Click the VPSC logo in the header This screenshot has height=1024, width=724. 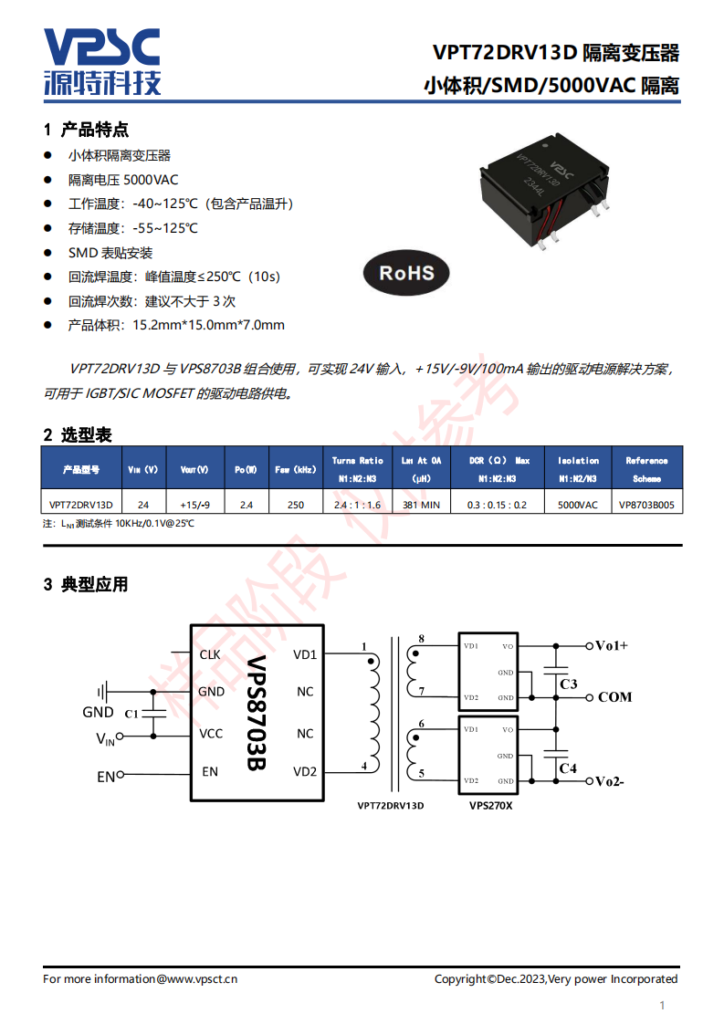102,61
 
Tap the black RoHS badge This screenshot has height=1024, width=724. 406,273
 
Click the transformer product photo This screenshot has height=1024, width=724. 546,190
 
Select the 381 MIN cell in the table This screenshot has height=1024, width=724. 422,505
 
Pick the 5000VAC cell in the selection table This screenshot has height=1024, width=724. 578,505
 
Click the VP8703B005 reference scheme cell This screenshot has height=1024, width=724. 647,505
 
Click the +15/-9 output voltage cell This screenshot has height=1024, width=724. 195,505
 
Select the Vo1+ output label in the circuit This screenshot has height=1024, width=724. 612,646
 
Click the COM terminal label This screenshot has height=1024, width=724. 614,697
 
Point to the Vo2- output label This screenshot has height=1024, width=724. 609,782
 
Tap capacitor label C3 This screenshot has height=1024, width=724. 569,684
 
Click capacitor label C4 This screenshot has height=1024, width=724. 568,768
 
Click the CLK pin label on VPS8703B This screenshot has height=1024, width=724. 210,654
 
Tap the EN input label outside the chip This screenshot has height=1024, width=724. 106,778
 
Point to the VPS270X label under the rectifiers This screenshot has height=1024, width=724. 490,806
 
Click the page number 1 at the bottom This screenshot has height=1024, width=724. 662,1006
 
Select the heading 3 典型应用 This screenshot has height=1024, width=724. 86,584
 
